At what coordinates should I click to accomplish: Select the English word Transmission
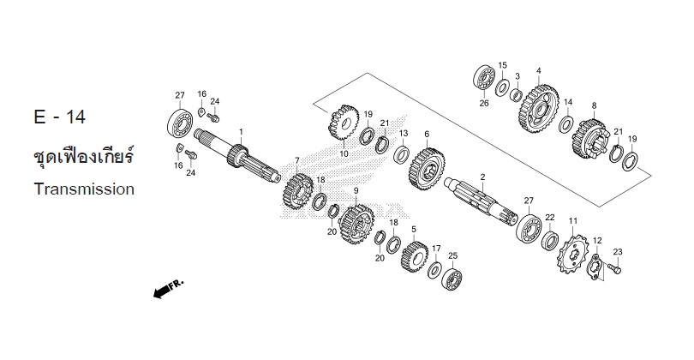(85, 189)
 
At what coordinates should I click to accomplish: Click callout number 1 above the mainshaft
(242, 131)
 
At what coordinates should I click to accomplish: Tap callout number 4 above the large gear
(538, 70)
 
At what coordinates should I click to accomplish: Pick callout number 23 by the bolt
(617, 251)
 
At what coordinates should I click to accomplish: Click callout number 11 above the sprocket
(572, 220)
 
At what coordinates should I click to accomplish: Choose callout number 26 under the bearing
(484, 104)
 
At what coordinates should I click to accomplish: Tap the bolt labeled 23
(613, 269)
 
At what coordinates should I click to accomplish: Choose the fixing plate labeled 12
(596, 267)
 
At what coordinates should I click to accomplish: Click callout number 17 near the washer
(436, 249)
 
